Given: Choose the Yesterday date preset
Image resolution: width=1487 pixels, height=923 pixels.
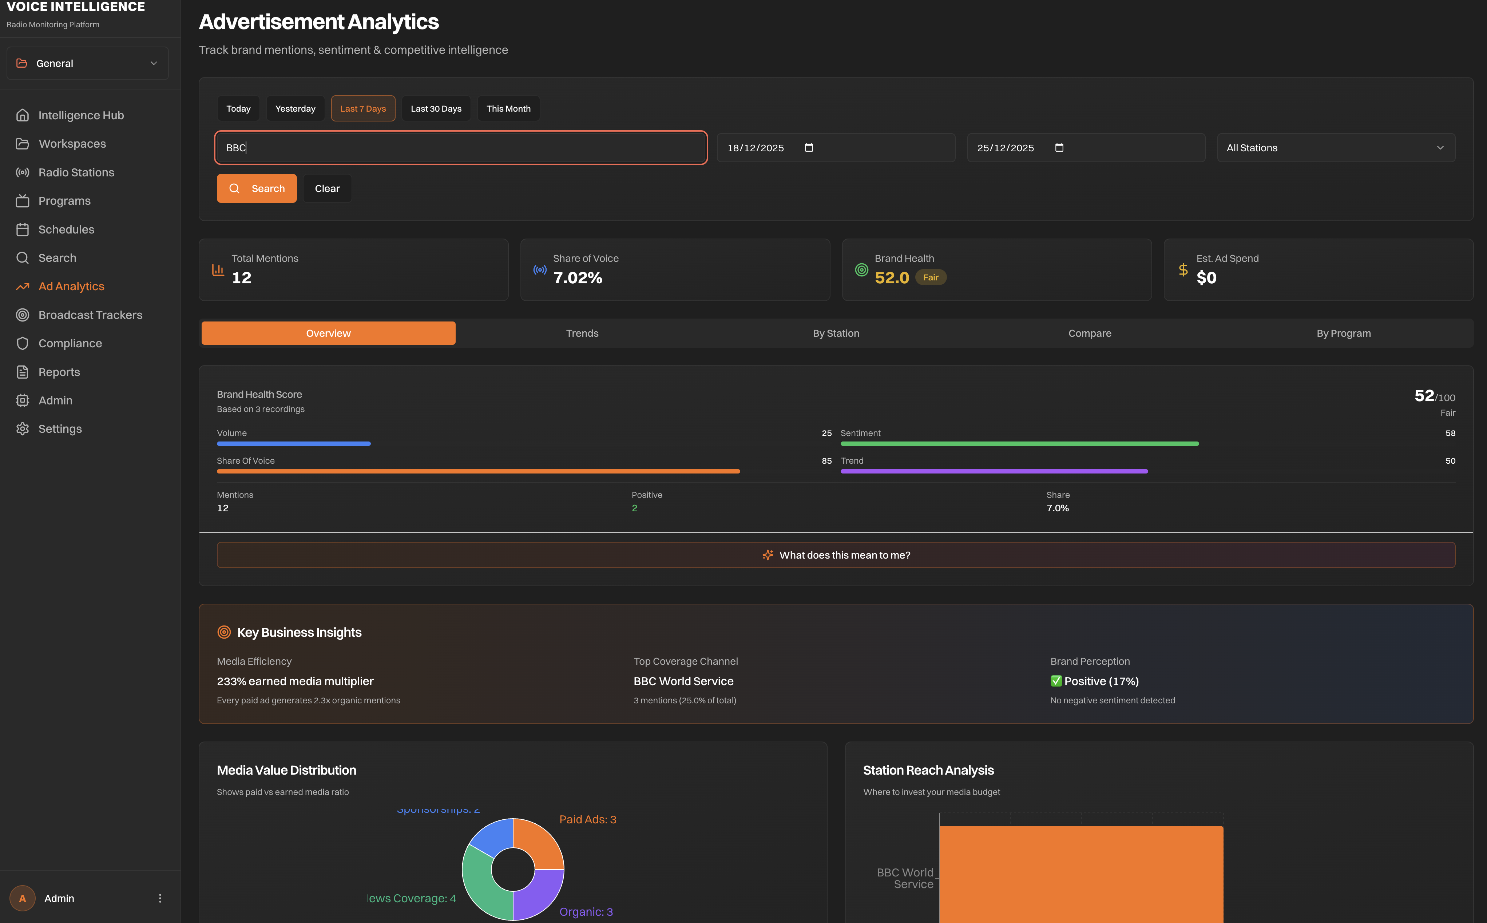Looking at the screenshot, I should [295, 109].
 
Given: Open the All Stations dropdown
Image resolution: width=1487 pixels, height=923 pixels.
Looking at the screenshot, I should [1336, 148].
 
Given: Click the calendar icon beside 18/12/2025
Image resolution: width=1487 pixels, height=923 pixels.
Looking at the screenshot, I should [809, 148].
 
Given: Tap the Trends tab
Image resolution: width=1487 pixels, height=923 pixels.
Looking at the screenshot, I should [582, 333].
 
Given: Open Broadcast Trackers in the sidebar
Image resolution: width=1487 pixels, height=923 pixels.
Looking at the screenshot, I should [90, 315].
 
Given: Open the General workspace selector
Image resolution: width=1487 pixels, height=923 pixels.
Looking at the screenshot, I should [87, 64].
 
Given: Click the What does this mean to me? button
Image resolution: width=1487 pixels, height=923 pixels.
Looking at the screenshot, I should [836, 555].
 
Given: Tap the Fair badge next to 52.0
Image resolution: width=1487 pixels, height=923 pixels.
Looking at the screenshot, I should [930, 278].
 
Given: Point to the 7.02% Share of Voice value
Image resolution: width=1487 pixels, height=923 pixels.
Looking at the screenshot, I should [577, 278].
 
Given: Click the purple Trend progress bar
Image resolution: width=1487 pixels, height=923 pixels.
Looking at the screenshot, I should [994, 471].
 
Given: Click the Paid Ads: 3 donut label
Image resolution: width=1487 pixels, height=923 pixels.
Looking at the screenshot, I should [587, 819].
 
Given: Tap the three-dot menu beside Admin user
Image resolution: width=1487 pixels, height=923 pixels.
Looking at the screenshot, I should [160, 898].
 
